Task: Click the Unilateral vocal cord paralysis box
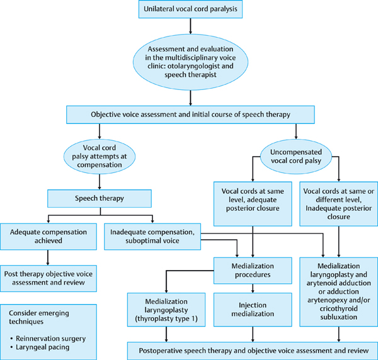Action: pos(190,10)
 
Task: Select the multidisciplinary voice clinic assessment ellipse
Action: pos(190,62)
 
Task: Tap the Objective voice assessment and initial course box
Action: pos(190,115)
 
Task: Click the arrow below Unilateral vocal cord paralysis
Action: pos(190,26)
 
